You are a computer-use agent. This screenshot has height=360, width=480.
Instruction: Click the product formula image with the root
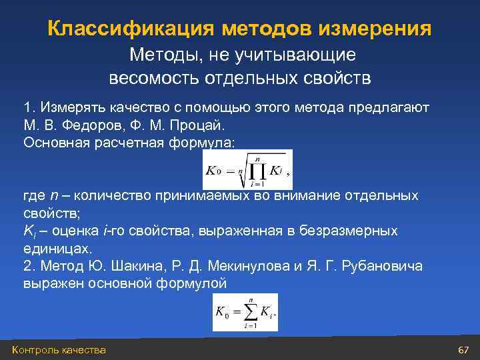point(247,169)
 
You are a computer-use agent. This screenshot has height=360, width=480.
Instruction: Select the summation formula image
point(245,312)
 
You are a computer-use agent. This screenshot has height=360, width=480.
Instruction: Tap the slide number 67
point(464,350)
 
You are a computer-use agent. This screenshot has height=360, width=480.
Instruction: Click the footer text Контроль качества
point(59,350)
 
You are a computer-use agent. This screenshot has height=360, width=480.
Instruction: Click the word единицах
point(55,248)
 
